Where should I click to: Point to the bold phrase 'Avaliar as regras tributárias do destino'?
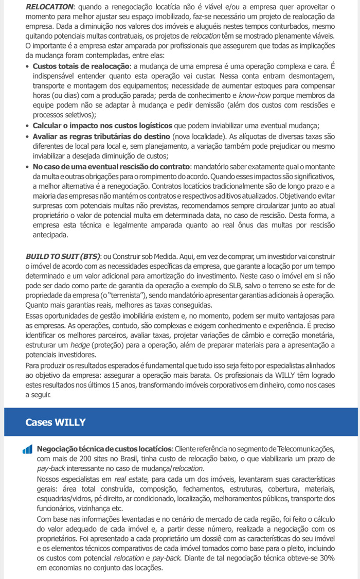[101, 136]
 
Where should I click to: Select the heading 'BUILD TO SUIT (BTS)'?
[63, 256]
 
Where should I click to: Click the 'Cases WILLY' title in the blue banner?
[56, 422]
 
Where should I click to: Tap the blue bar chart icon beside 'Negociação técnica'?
[28, 449]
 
